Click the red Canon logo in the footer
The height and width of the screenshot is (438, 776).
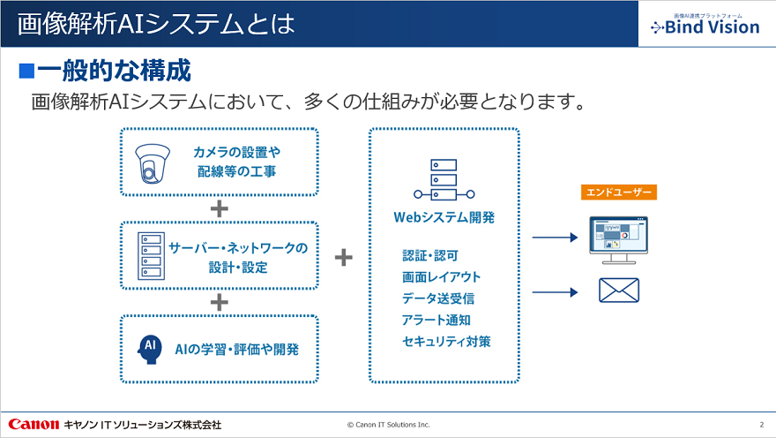tap(34, 425)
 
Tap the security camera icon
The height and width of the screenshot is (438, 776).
tap(155, 162)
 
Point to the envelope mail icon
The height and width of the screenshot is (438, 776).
tap(618, 291)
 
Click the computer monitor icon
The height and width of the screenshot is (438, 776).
tap(618, 237)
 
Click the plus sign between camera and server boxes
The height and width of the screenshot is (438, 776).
tap(220, 209)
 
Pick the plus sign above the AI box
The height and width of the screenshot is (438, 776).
tap(220, 302)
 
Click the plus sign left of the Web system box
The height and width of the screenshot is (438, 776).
tap(344, 257)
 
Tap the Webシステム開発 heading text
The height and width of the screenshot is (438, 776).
tap(444, 217)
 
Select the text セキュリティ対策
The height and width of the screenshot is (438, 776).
tap(446, 341)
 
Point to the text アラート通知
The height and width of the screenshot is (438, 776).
tap(436, 320)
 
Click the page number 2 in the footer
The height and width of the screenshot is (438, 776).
tap(761, 425)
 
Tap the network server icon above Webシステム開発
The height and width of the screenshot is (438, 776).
tap(443, 180)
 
